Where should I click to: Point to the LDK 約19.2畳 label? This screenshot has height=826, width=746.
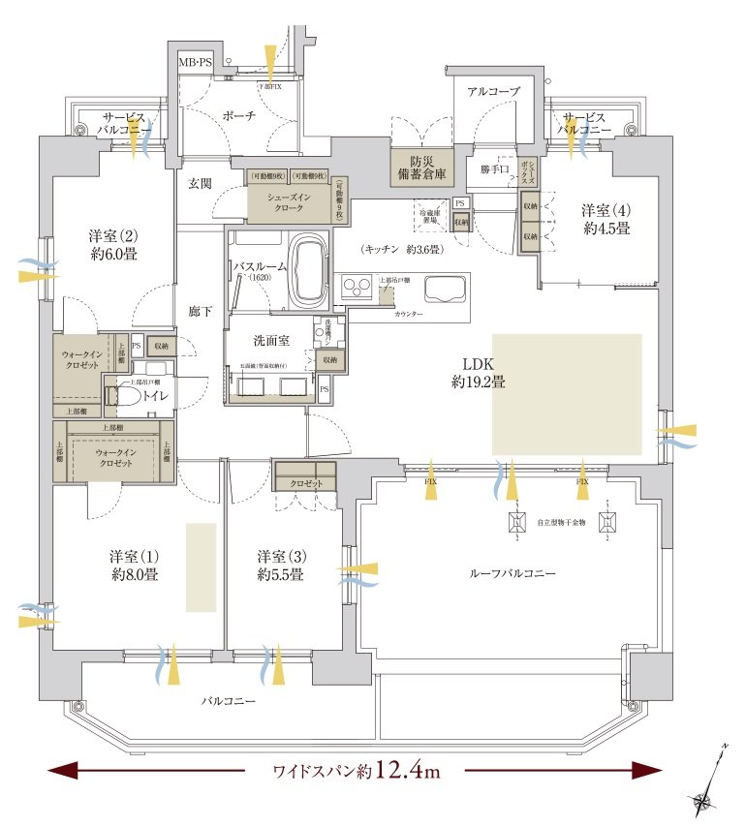coord(478,373)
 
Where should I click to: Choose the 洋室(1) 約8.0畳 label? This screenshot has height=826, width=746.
coord(134,566)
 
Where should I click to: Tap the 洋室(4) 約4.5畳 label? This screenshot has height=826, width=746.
coord(606,220)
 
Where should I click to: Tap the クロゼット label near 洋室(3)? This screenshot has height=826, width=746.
coord(305,482)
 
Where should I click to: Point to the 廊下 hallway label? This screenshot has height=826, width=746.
coord(201,312)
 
